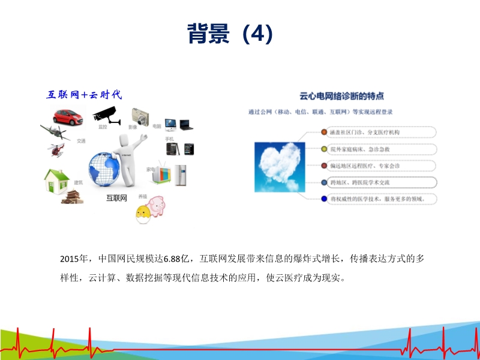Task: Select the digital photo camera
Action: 140,115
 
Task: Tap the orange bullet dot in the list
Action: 324,132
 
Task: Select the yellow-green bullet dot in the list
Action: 324,149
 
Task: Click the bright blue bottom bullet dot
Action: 324,198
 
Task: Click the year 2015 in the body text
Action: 70,259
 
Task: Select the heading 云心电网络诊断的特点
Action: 342,96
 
